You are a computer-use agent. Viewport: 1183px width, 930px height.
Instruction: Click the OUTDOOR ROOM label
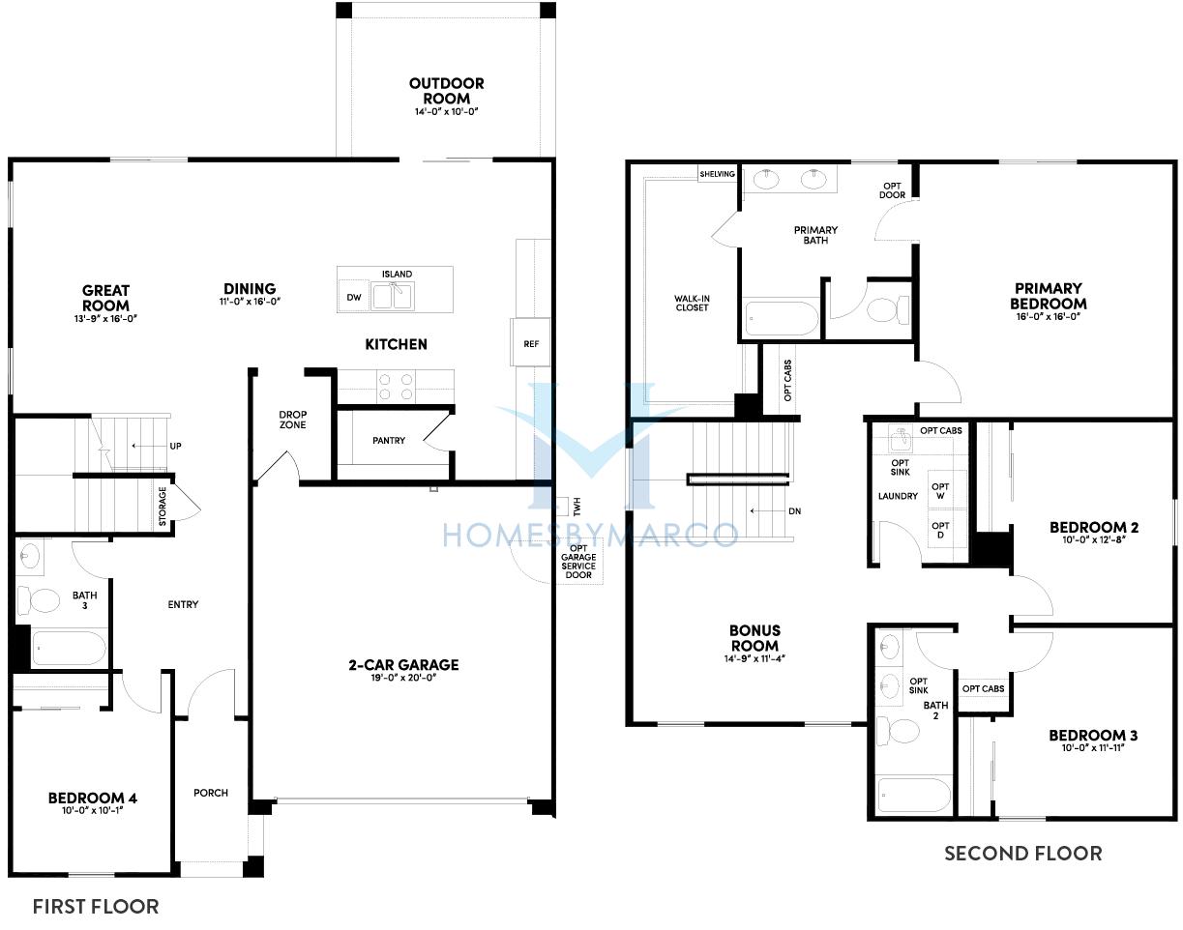click(446, 91)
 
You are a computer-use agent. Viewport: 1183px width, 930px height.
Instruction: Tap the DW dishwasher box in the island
click(354, 297)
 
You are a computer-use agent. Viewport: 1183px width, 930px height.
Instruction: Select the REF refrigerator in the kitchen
click(530, 342)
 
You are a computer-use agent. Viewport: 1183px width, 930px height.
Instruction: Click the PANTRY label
click(389, 441)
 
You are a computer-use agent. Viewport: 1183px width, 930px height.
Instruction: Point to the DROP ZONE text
click(292, 420)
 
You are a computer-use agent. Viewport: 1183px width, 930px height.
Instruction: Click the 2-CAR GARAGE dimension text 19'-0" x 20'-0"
click(403, 678)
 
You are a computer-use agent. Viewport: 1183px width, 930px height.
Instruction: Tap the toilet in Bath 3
click(38, 600)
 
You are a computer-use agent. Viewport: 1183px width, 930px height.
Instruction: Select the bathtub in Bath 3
click(69, 649)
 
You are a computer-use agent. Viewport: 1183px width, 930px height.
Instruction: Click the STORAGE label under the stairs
click(163, 506)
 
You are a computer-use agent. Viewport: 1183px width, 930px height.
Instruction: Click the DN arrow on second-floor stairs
click(768, 510)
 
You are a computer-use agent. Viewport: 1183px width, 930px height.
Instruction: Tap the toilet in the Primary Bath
click(888, 308)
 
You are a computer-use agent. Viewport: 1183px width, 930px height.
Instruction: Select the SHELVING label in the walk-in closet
click(717, 174)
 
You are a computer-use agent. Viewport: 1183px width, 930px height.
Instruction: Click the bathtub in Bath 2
click(914, 795)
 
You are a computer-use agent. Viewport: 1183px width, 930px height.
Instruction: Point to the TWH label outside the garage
click(577, 507)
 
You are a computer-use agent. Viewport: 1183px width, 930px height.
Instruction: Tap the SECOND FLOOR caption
click(1023, 853)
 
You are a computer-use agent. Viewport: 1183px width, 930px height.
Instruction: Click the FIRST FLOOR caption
click(96, 907)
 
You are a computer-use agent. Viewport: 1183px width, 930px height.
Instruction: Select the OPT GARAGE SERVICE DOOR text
click(578, 562)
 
